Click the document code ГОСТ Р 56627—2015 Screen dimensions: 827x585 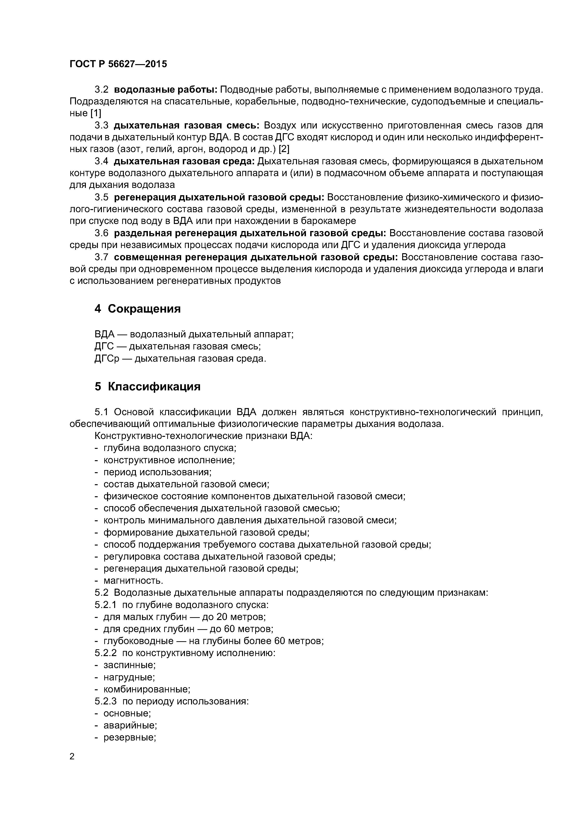point(118,64)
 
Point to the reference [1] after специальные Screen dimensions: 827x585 point(96,113)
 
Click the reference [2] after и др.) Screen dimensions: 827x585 point(284,149)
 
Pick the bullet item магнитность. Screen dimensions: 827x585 point(133,581)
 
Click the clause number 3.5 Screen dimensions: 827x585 point(101,197)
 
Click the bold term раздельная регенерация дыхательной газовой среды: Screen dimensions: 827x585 point(250,233)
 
